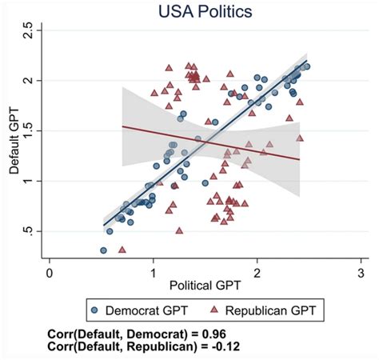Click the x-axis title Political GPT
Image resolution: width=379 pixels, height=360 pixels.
(204, 286)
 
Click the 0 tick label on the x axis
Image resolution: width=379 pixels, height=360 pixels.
(50, 273)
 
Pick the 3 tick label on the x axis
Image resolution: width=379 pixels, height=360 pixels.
(361, 273)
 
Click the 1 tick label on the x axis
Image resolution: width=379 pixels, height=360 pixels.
(154, 273)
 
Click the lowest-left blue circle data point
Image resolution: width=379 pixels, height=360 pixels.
(103, 250)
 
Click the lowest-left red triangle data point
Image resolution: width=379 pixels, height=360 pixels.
(122, 250)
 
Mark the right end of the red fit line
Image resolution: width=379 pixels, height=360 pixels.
(300, 159)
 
